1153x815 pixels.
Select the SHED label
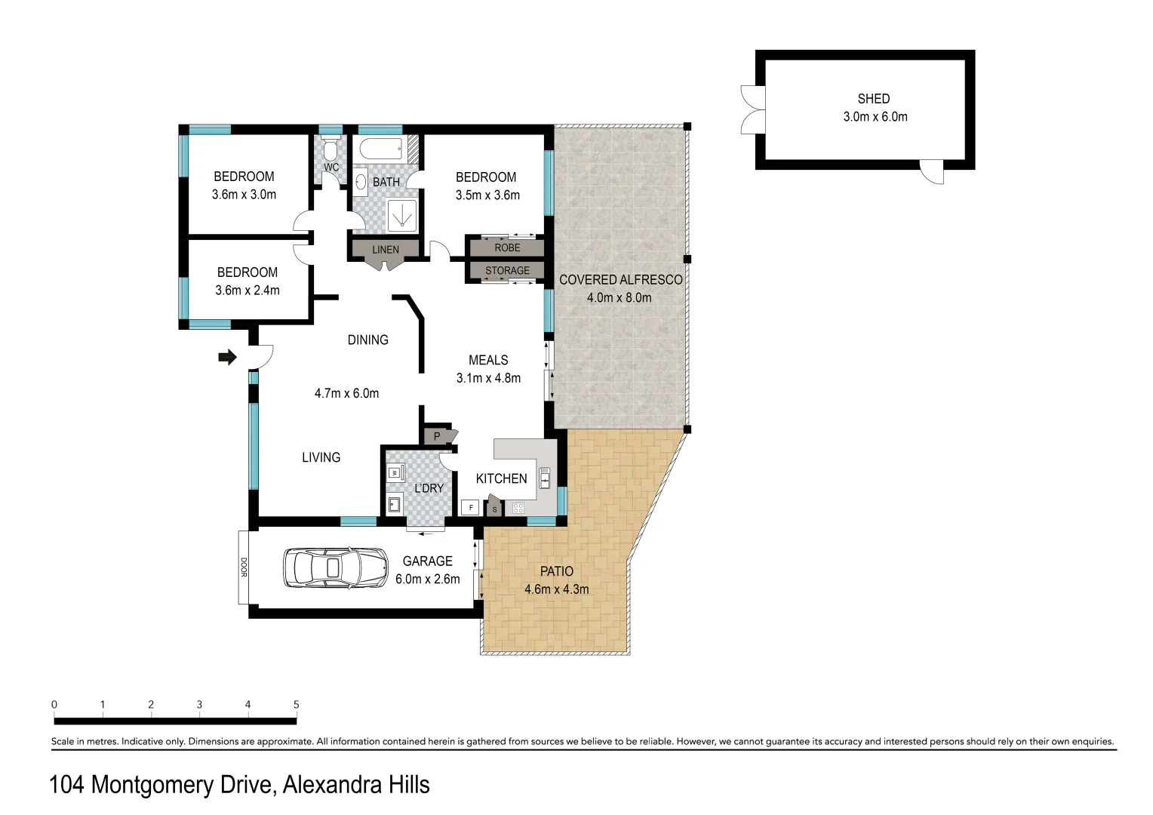click(x=873, y=99)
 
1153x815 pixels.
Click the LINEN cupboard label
click(x=385, y=250)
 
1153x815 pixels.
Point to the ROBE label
click(x=507, y=248)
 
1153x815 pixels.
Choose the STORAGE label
click(x=507, y=270)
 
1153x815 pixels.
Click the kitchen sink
click(x=544, y=478)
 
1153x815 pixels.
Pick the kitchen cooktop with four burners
click(x=518, y=508)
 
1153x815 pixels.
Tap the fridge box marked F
click(x=471, y=508)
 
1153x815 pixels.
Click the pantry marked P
click(x=436, y=436)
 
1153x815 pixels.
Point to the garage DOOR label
click(x=244, y=567)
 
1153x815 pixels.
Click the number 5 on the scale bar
click(x=296, y=705)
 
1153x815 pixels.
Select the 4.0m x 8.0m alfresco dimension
click(x=619, y=297)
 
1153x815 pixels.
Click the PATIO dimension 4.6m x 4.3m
click(x=556, y=589)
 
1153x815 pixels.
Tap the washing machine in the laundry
click(x=393, y=473)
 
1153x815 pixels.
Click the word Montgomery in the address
click(x=180, y=786)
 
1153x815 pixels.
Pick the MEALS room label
click(x=488, y=360)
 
